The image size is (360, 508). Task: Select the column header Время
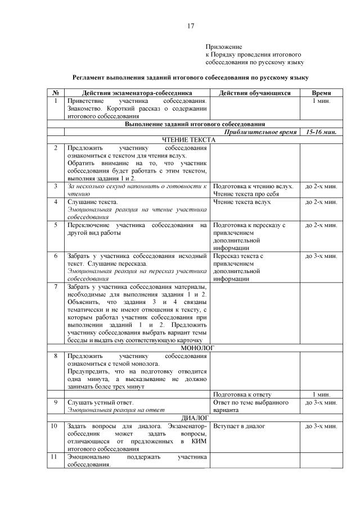[321, 92]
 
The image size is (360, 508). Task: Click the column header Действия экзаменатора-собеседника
[137, 92]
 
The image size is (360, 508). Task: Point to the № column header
[56, 92]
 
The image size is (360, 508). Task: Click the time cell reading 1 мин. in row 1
[321, 101]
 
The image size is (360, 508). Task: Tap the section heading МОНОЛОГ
[194, 348]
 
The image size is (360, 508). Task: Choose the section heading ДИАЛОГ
[195, 419]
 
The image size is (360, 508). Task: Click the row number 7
[56, 287]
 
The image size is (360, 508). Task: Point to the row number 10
[56, 427]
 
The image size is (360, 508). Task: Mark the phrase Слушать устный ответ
[100, 402]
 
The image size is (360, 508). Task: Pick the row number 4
[56, 201]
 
